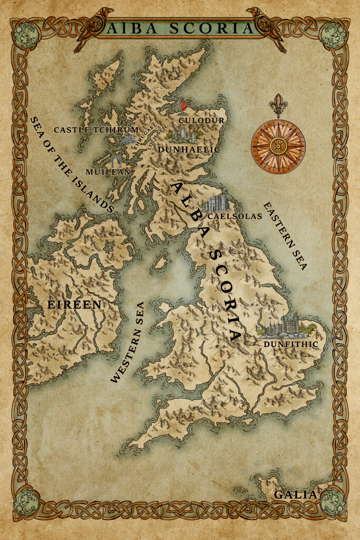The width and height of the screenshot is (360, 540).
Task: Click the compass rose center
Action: pos(278,147)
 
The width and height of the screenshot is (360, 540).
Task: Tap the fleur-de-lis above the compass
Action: pos(278,105)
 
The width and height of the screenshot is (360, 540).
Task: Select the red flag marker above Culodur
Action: pos(183,107)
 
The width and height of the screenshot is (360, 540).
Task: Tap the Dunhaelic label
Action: pos(188,150)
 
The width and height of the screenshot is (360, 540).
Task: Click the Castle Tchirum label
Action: pos(96,130)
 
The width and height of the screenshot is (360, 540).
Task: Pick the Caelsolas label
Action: pos(235,216)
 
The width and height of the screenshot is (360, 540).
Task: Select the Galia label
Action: pos(295,495)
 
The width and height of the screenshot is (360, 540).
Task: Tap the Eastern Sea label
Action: pos(285,235)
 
